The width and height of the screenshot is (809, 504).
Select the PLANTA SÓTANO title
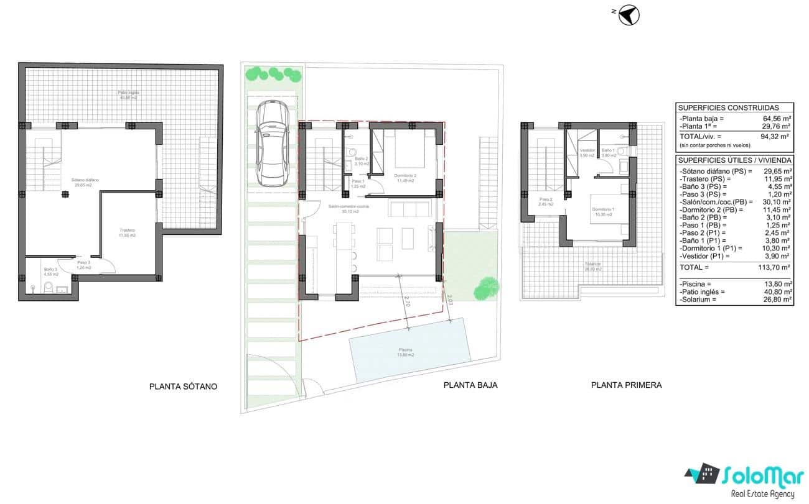coord(183,387)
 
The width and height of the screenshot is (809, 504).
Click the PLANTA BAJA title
coord(470,385)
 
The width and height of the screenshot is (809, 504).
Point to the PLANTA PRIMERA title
coord(626,385)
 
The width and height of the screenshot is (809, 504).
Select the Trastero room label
coord(128,232)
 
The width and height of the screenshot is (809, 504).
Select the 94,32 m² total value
coord(777,136)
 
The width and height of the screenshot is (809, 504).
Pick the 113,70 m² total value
coord(775,267)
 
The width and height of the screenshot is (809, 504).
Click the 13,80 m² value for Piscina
coord(778,283)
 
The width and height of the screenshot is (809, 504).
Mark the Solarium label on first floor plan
coord(593,267)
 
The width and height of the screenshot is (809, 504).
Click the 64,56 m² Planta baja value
coord(777,118)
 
